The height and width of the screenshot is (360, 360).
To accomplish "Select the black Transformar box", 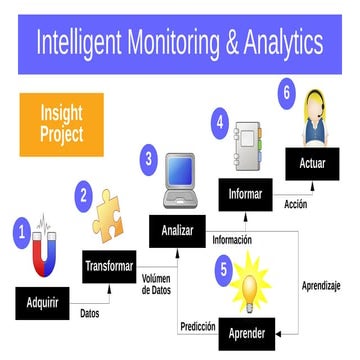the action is point(110,265).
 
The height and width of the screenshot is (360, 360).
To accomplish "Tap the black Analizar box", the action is point(177,230).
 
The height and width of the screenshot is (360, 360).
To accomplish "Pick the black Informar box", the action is point(246,194).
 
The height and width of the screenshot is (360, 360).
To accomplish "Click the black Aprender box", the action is point(247,332).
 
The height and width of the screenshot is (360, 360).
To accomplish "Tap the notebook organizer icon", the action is point(246,143).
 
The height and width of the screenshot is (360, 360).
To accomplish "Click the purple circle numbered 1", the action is point(20,231).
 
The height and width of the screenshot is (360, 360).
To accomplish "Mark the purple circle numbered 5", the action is point(224,268).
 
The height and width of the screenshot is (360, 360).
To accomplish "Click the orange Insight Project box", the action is point(61,124).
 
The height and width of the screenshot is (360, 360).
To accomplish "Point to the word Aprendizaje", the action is point(321,286).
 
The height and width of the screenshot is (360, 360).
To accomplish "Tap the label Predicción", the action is point(198,326).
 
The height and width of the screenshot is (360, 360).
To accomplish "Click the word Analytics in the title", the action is point(277,43).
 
